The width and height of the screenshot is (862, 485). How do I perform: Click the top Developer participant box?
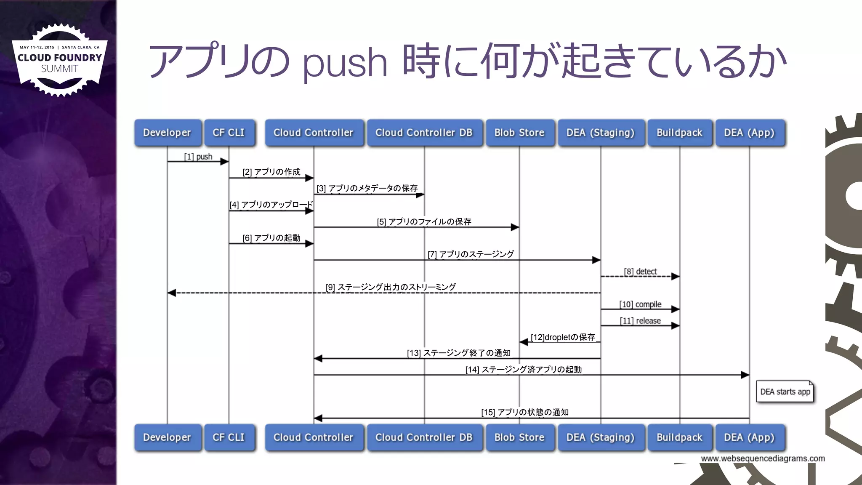(167, 133)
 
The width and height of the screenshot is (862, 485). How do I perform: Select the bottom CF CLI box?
(229, 437)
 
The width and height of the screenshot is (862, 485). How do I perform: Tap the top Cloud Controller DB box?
(424, 133)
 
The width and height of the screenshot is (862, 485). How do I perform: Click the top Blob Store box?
(519, 133)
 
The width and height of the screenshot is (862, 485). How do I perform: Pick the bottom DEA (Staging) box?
(600, 437)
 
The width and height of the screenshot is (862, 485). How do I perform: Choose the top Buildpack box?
(679, 133)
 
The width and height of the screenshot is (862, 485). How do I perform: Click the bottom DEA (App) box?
(749, 437)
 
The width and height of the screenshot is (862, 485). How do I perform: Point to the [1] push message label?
(198, 157)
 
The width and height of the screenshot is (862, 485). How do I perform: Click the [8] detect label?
(640, 272)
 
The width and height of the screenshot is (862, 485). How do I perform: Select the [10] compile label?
(640, 304)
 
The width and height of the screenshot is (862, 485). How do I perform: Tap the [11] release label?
(640, 321)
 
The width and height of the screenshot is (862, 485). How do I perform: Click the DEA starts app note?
(785, 392)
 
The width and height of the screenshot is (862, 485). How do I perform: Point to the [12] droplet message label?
(563, 337)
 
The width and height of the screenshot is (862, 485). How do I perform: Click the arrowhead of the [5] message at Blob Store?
(515, 227)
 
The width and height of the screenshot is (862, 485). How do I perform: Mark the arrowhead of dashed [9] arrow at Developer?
(172, 293)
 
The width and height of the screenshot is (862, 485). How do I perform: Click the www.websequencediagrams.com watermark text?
(763, 458)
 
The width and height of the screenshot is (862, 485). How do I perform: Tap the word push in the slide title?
(345, 63)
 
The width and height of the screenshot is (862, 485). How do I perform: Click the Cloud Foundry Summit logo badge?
(59, 60)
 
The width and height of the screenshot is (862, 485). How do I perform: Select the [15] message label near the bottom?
(525, 412)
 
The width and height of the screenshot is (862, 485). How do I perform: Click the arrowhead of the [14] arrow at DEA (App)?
(745, 375)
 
